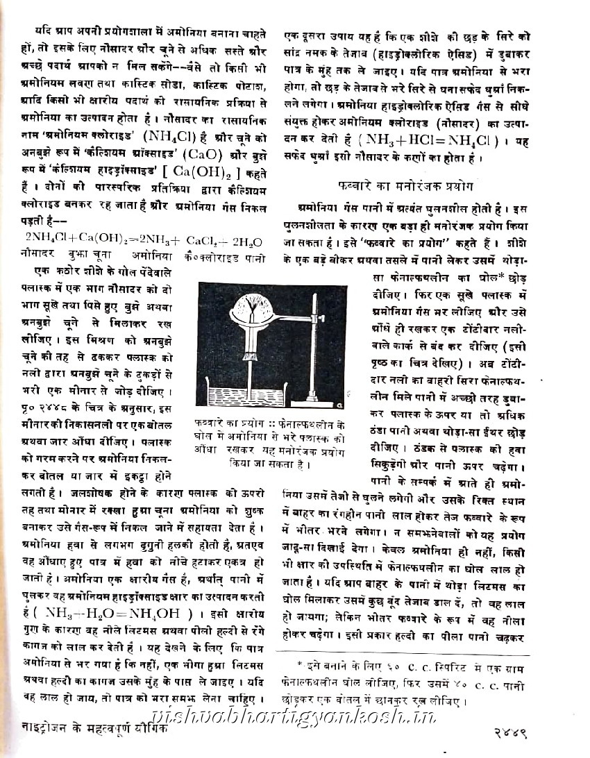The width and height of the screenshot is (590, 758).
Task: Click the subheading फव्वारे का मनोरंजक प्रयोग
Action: [x=405, y=186]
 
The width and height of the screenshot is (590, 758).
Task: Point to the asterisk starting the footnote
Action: [x=301, y=665]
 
